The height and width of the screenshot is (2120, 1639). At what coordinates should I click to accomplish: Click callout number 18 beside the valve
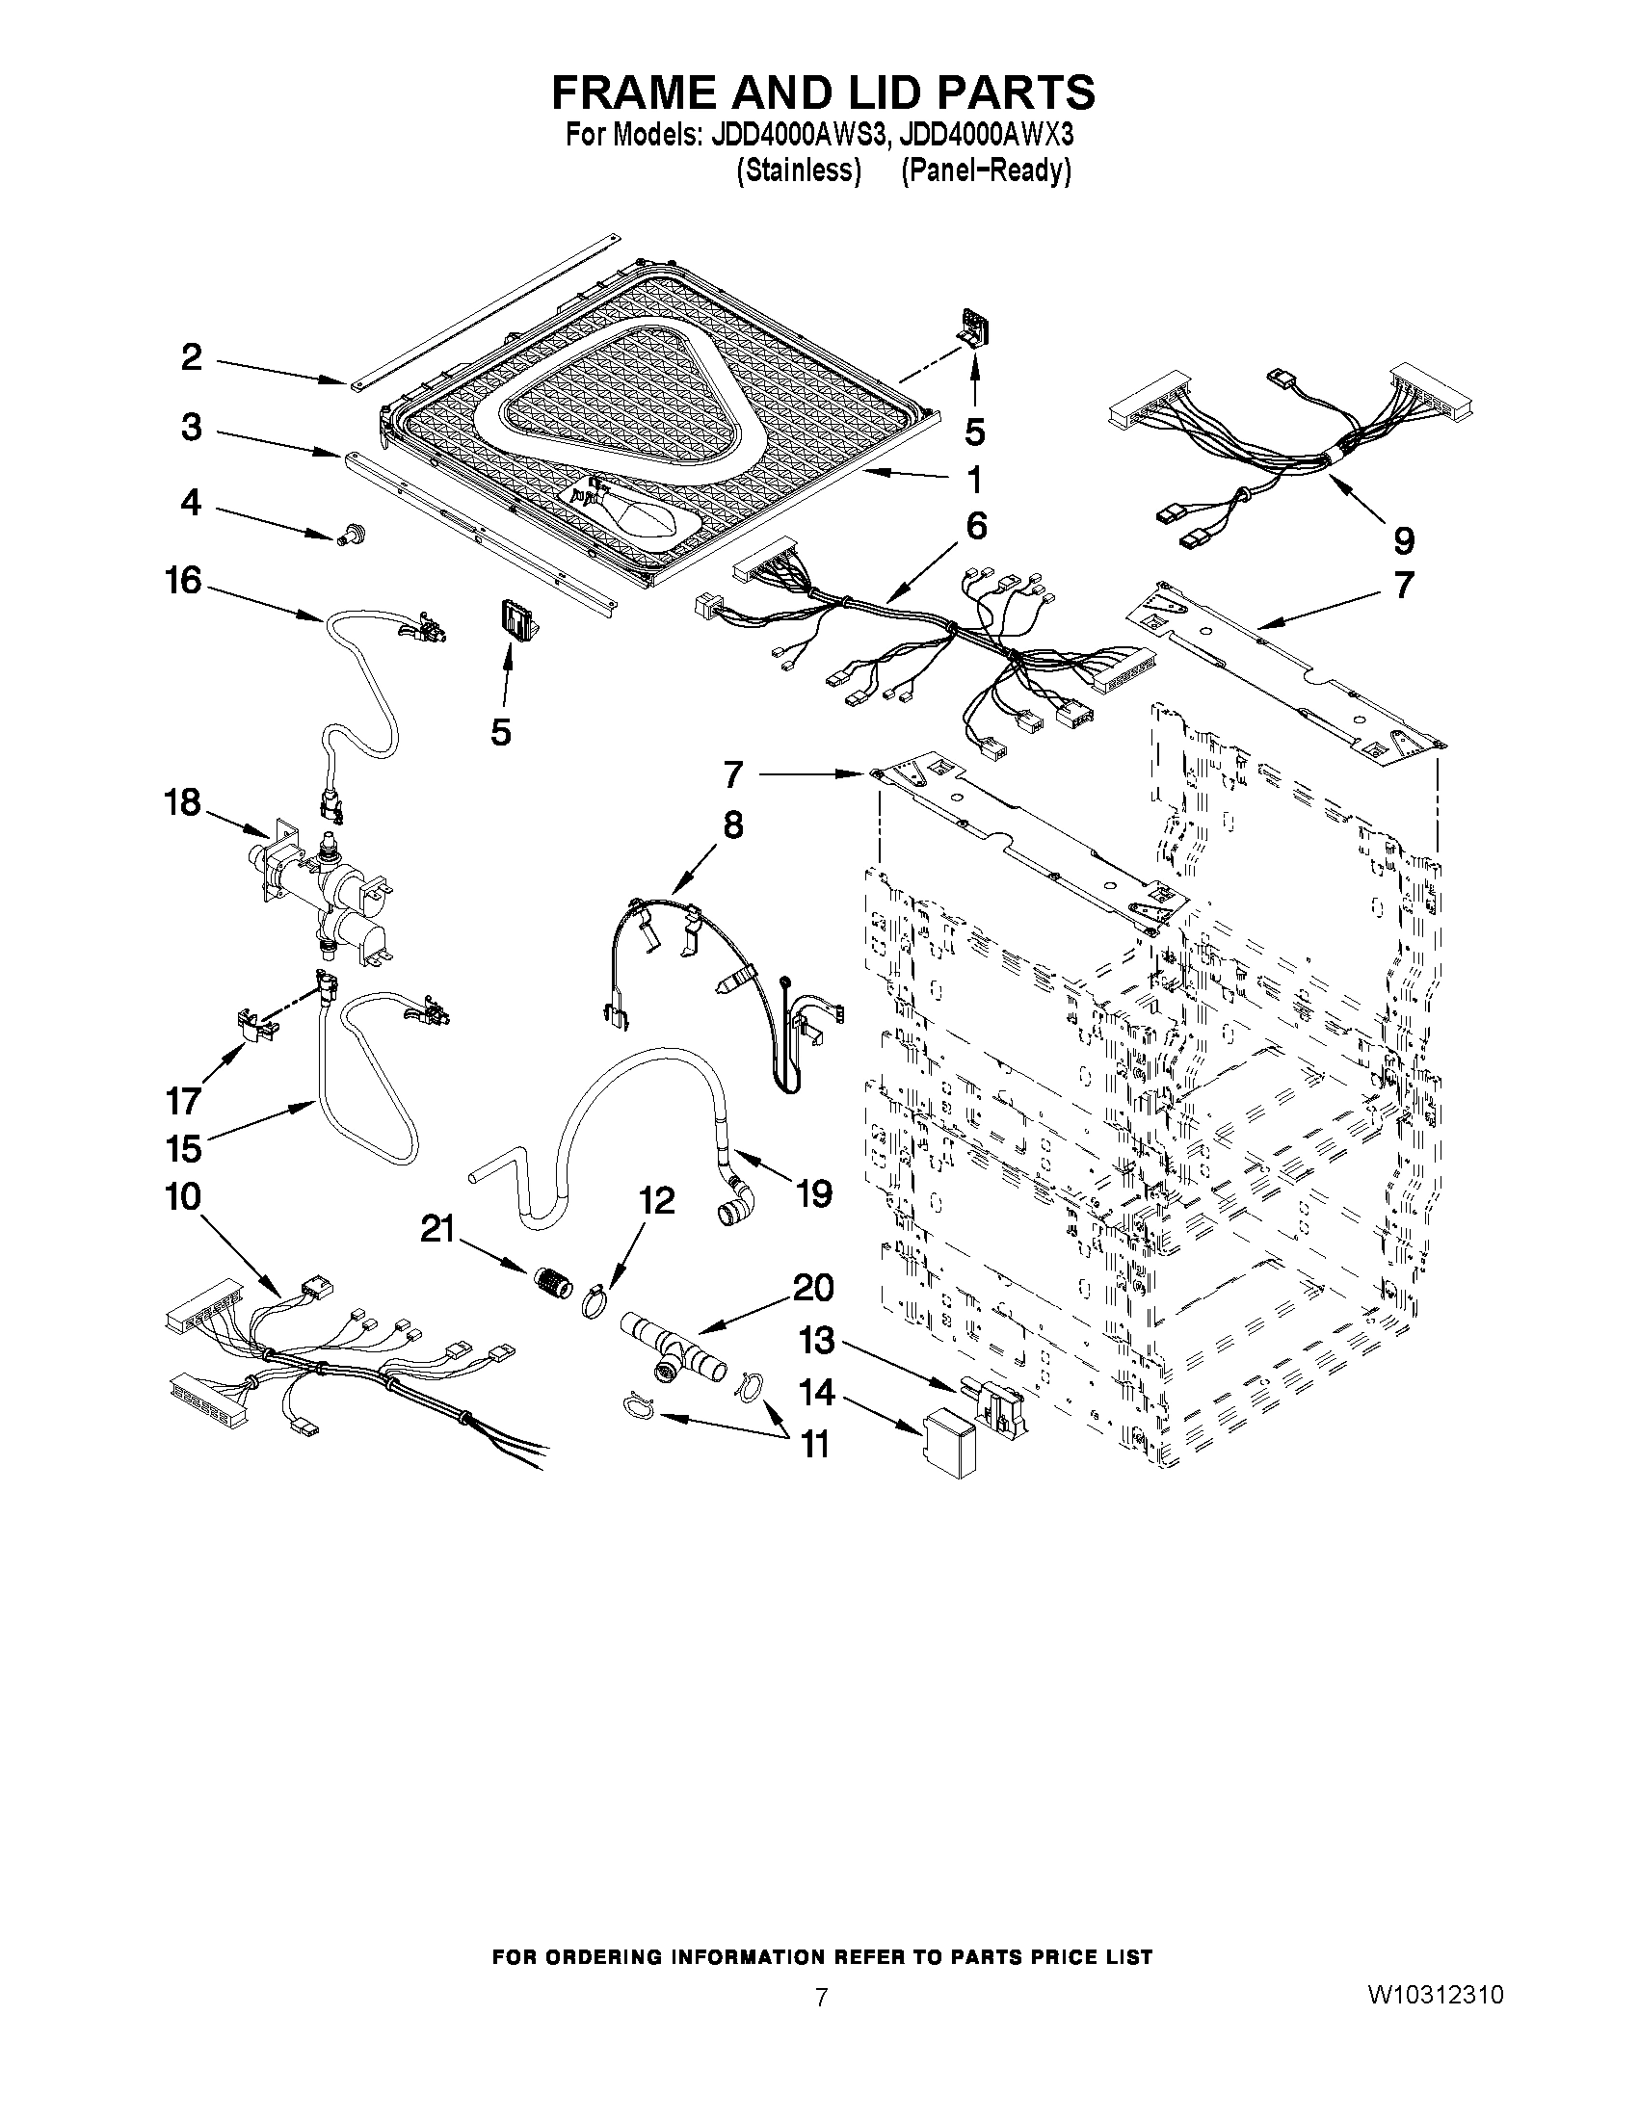point(182,802)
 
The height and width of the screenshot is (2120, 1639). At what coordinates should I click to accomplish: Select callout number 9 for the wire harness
point(1403,539)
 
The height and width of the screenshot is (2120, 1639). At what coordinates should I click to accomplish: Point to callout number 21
point(437,1230)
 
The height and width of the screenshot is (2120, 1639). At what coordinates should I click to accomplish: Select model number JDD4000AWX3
point(987,134)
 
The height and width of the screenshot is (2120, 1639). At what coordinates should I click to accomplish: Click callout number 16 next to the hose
point(182,581)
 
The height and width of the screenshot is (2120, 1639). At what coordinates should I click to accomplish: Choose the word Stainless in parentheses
point(799,170)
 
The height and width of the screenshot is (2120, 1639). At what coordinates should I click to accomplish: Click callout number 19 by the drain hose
point(813,1193)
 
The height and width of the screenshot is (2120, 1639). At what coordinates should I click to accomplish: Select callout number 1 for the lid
point(974,480)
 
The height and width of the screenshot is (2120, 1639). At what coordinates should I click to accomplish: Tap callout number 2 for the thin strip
point(192,357)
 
